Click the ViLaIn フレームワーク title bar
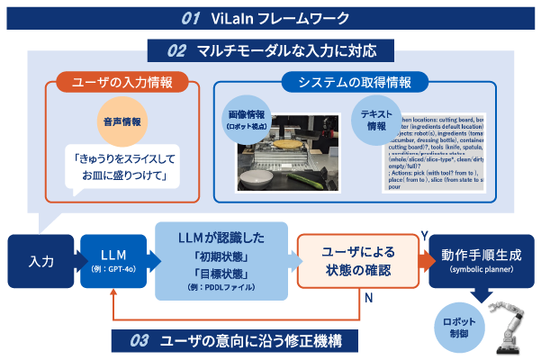click(x=270, y=17)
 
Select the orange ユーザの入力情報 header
click(x=124, y=83)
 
